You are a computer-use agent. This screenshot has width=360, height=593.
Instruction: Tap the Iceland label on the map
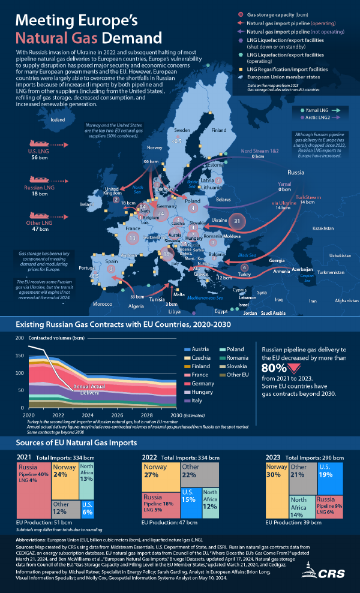click(58, 120)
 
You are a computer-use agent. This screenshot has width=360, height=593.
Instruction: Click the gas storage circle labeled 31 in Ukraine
click(238, 221)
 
